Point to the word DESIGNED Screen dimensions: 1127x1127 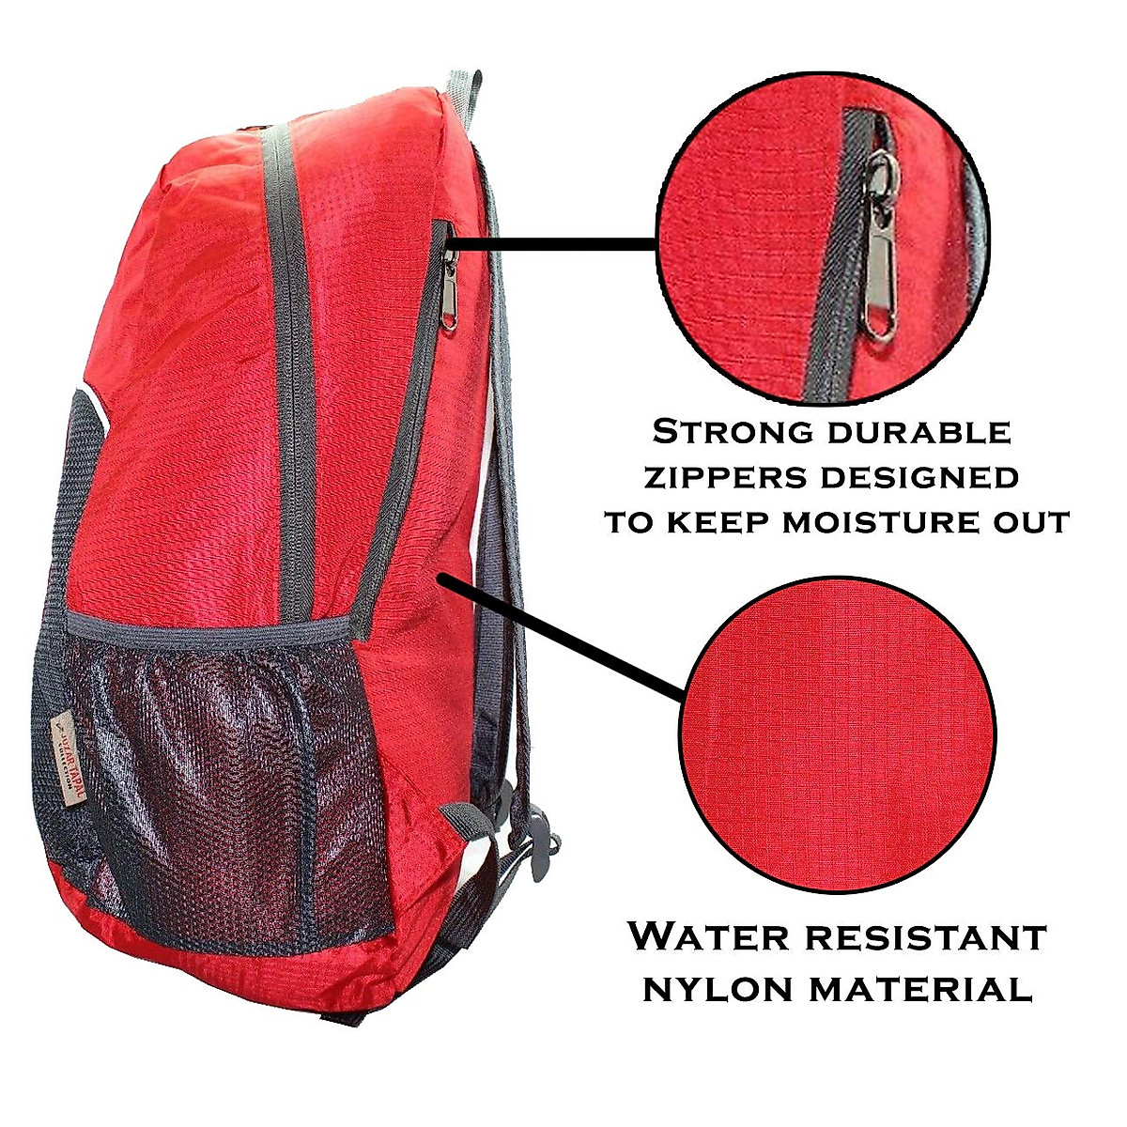(919, 477)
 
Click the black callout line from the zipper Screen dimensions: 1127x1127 (554, 244)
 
